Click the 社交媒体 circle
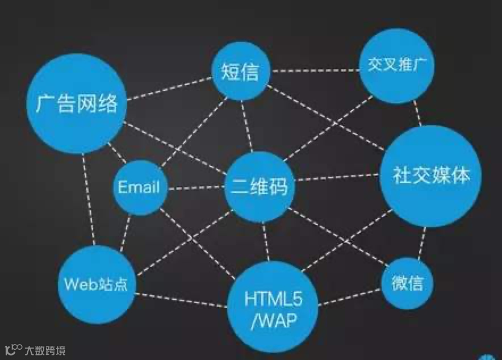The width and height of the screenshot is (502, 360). coord(431,176)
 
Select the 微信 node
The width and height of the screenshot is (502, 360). coord(407,282)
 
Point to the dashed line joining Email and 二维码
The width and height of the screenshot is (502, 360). coord(196,187)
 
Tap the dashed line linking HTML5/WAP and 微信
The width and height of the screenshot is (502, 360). coord(349,297)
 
